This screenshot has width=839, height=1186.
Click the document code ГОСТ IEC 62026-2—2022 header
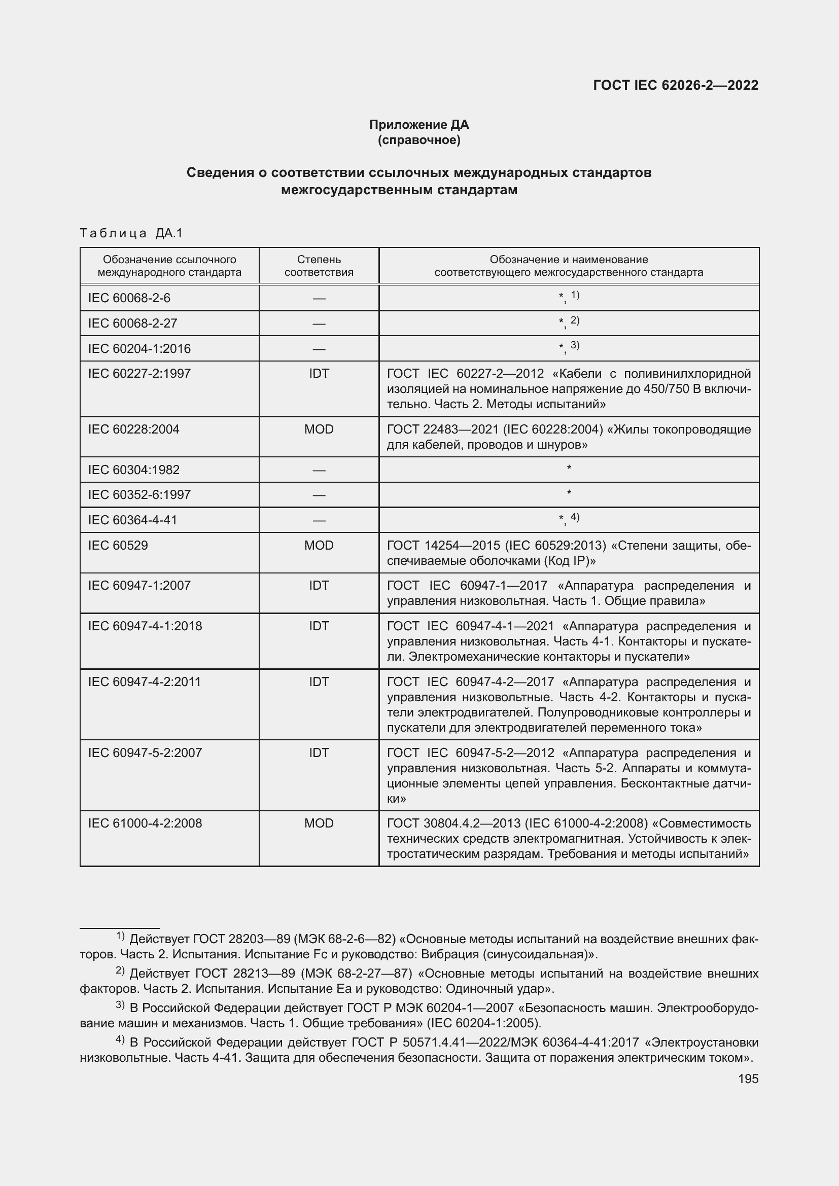click(x=676, y=85)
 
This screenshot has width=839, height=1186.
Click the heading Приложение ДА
click(x=418, y=125)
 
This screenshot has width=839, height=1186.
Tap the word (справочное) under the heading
click(x=418, y=140)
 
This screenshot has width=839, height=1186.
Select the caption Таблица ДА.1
click(x=131, y=233)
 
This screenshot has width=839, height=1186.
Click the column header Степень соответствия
click(x=319, y=266)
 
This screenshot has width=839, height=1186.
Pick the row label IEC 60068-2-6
click(x=129, y=298)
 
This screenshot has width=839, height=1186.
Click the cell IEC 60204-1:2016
click(x=139, y=349)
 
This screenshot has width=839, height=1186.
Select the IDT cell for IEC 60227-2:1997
click(x=319, y=374)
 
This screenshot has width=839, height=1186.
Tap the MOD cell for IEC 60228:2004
click(x=319, y=429)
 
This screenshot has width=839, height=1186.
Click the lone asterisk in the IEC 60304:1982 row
click(x=569, y=469)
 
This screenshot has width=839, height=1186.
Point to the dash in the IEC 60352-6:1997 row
click(x=319, y=495)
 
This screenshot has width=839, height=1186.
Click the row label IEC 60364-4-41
click(x=133, y=520)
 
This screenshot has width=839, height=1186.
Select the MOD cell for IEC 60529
click(x=319, y=546)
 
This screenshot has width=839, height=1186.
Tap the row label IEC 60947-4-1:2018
click(x=145, y=626)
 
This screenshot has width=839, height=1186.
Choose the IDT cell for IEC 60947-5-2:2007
click(x=319, y=752)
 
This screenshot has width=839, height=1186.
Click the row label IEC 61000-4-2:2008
click(x=145, y=823)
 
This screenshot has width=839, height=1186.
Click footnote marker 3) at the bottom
click(x=120, y=1004)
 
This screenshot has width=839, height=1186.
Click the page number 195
click(x=748, y=1079)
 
